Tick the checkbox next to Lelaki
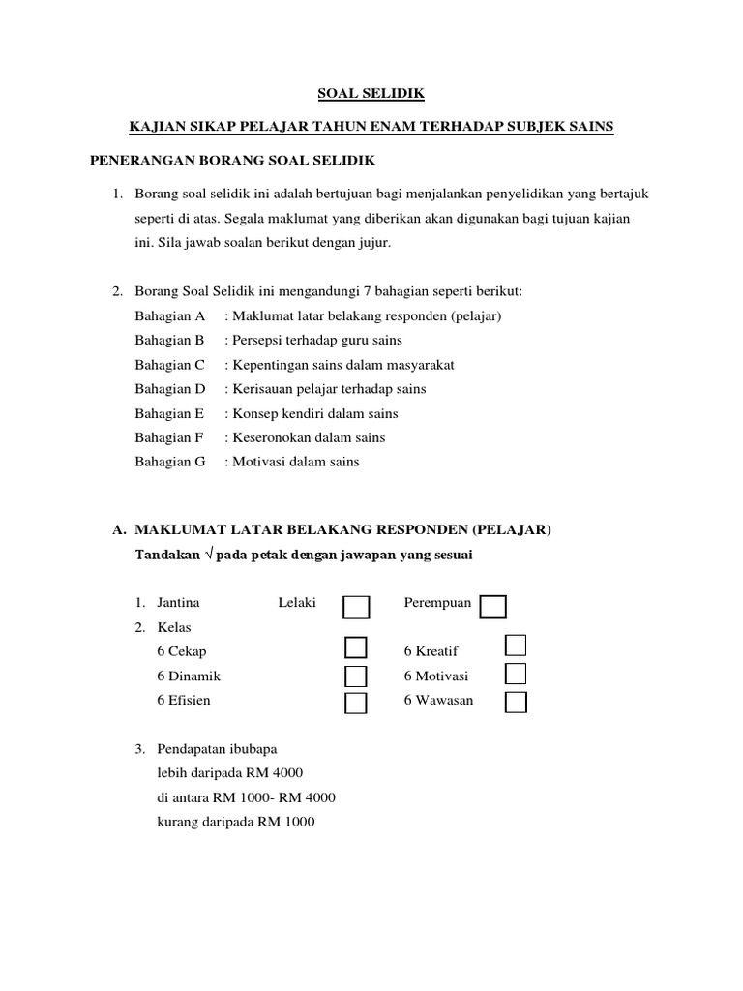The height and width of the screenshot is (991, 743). [x=356, y=607]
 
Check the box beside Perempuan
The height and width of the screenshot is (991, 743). [x=493, y=607]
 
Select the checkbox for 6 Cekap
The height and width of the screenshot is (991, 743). [x=356, y=648]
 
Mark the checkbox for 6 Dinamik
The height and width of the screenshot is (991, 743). [x=356, y=676]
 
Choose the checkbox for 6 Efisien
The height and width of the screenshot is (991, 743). [x=356, y=703]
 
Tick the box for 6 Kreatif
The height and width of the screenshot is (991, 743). [x=516, y=646]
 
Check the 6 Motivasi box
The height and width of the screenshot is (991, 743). [x=516, y=673]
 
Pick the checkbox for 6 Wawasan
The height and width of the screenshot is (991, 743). [x=516, y=702]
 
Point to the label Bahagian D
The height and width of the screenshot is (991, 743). [x=171, y=389]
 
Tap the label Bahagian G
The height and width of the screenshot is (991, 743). [x=171, y=462]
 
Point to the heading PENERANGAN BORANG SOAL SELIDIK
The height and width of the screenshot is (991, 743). [x=232, y=159]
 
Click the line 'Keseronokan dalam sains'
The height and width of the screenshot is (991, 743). [x=305, y=437]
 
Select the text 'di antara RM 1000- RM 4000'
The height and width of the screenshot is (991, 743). [x=246, y=797]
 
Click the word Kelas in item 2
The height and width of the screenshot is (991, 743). [x=174, y=627]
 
